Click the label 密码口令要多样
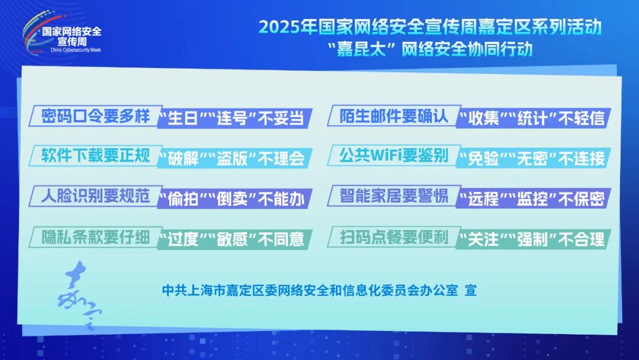pyautogui.click(x=96, y=116)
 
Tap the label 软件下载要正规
pyautogui.click(x=96, y=155)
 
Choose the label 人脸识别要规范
pyautogui.click(x=96, y=196)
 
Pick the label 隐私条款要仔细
pyautogui.click(x=96, y=237)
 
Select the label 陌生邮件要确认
pyautogui.click(x=394, y=116)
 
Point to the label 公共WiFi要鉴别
pyautogui.click(x=394, y=155)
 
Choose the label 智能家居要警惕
pyautogui.click(x=394, y=196)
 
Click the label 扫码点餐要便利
pyautogui.click(x=394, y=237)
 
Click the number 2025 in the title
pyautogui.click(x=279, y=27)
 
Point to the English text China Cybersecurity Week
pyautogui.click(x=76, y=50)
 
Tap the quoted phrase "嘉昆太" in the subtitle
pyautogui.click(x=362, y=49)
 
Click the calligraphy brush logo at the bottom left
pyautogui.click(x=79, y=294)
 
